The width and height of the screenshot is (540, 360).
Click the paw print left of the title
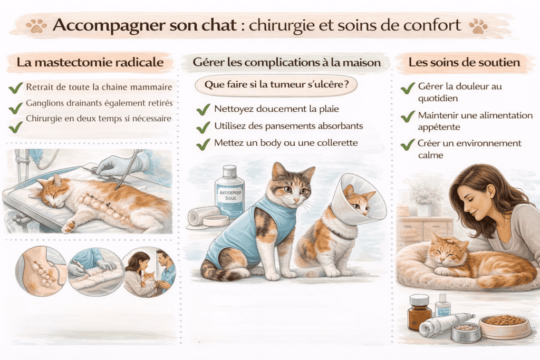[36, 26]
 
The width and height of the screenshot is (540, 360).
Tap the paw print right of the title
[478, 26]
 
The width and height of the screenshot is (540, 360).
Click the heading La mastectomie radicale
[90, 62]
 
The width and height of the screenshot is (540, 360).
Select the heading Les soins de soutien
[464, 62]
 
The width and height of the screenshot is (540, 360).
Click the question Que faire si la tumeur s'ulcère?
[276, 85]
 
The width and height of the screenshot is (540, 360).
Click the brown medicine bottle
[419, 312]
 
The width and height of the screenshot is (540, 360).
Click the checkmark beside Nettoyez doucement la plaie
[203, 110]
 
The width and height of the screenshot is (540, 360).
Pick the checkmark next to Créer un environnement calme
[408, 144]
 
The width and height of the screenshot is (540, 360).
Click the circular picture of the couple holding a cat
[149, 272]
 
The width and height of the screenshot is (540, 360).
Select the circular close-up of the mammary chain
[41, 271]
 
